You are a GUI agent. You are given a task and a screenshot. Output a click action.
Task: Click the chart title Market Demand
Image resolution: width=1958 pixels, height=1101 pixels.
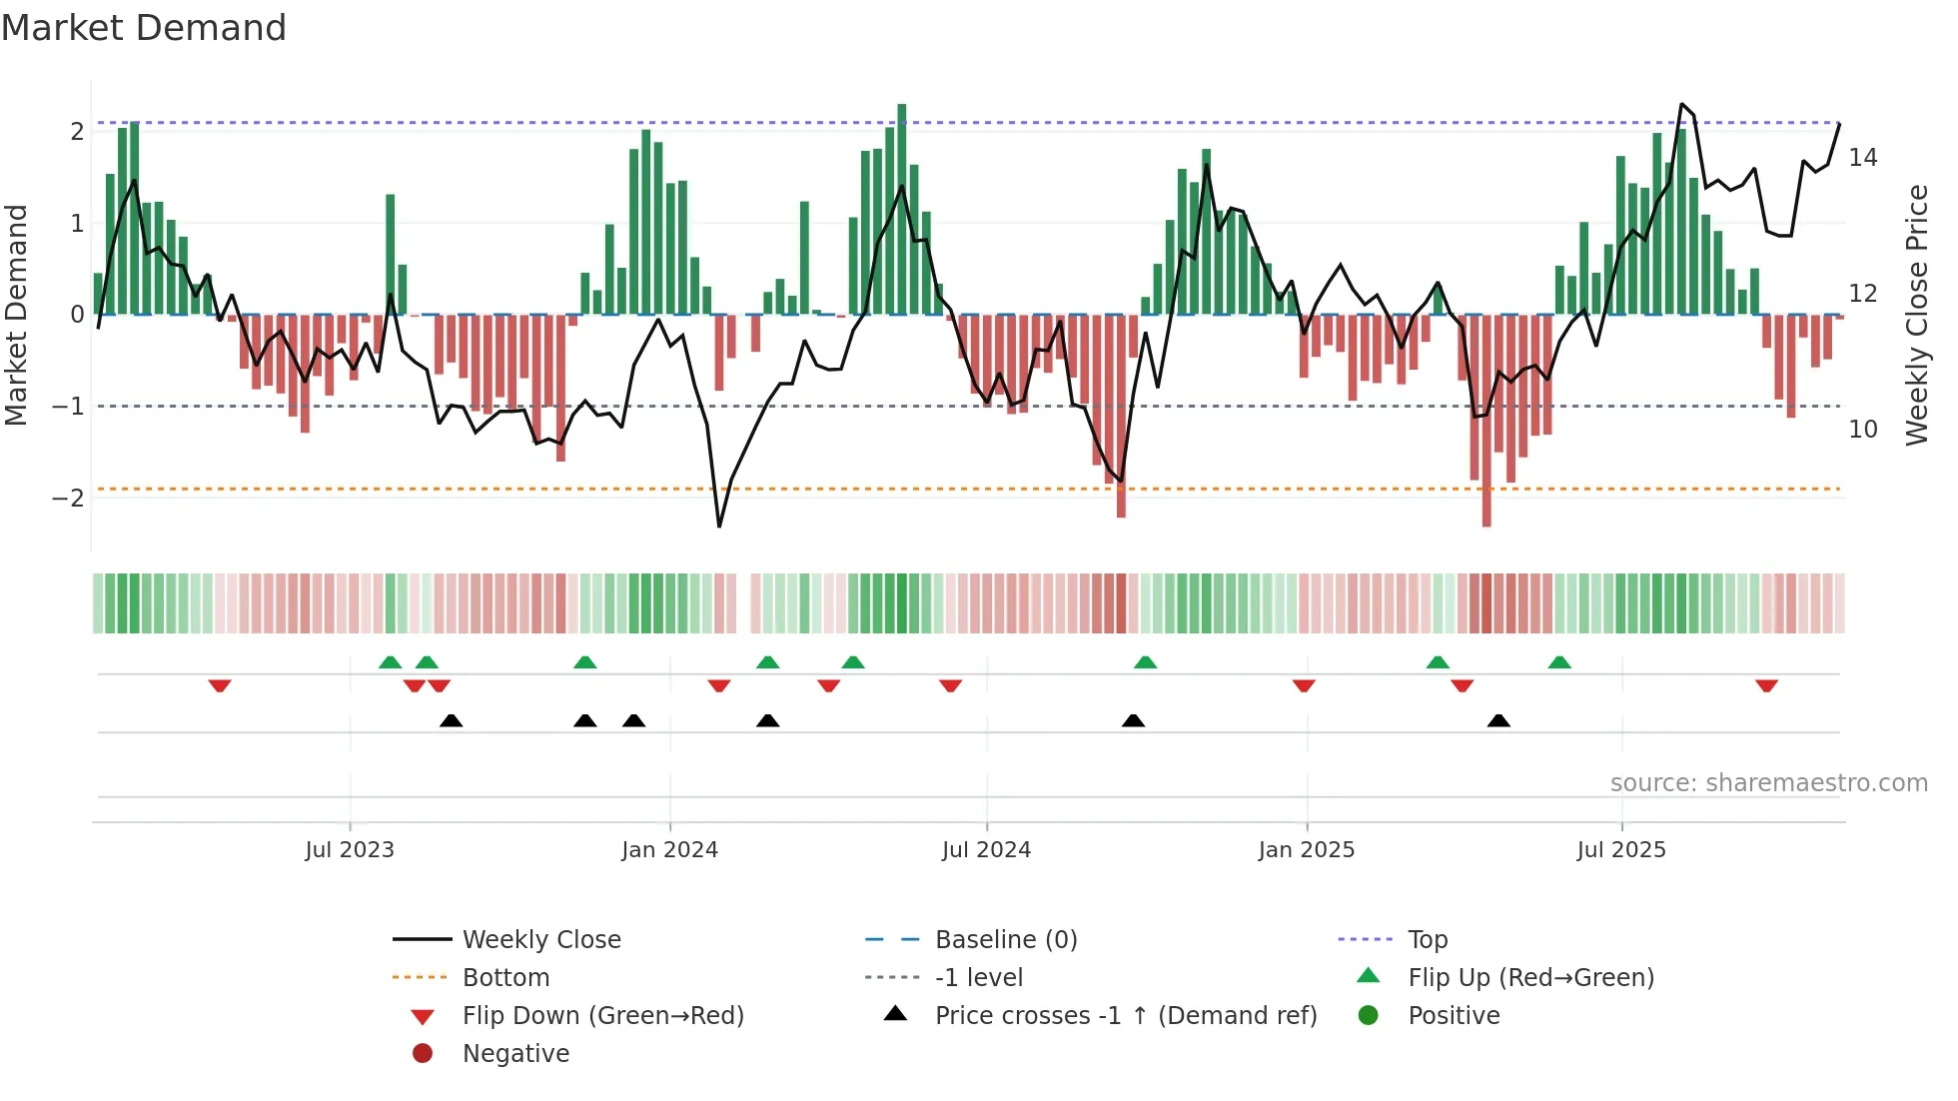(144, 28)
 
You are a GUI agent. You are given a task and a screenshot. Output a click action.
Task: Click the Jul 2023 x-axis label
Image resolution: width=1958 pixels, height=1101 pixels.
(350, 850)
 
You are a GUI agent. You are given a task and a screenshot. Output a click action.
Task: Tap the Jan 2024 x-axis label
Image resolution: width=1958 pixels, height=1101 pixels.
(669, 850)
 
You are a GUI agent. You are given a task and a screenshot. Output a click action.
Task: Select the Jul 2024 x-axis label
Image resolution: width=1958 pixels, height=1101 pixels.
(986, 850)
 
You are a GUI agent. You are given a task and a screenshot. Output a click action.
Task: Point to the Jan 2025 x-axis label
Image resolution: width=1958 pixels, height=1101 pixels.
(1306, 850)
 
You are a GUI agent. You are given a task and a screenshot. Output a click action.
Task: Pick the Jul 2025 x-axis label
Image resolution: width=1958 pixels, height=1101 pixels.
(1621, 850)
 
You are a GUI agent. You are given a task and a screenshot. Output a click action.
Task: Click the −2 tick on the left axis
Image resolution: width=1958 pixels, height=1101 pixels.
(68, 498)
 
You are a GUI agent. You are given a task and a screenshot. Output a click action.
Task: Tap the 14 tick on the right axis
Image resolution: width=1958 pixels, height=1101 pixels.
(1862, 158)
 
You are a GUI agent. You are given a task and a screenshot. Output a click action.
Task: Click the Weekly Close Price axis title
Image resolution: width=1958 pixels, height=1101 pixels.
(1916, 315)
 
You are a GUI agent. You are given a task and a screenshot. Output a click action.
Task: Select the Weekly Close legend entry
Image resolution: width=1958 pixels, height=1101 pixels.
(540, 940)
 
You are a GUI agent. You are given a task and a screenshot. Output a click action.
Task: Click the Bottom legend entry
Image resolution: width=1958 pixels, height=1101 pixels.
(505, 978)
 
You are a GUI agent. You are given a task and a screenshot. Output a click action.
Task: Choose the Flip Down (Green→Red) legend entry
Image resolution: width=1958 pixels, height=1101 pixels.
(602, 1016)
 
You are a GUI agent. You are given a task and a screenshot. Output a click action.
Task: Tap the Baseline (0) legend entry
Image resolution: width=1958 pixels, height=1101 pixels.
(1005, 940)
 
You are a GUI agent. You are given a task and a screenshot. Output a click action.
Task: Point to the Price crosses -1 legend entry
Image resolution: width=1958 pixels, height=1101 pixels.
(1125, 1016)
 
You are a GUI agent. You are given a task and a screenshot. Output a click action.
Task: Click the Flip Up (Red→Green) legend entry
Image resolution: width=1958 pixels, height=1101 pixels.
(1530, 978)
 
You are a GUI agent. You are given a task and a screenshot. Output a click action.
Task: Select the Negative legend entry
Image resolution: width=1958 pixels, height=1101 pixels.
(515, 1054)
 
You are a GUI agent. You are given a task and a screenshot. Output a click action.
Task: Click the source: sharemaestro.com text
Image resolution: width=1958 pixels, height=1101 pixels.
(1768, 783)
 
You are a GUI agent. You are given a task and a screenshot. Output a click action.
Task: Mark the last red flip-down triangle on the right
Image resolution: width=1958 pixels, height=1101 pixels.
(1766, 685)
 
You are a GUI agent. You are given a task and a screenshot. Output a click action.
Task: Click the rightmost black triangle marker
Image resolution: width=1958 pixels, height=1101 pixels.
(1498, 720)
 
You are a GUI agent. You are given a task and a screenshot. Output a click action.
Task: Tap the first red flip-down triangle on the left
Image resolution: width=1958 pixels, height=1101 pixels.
(220, 685)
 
